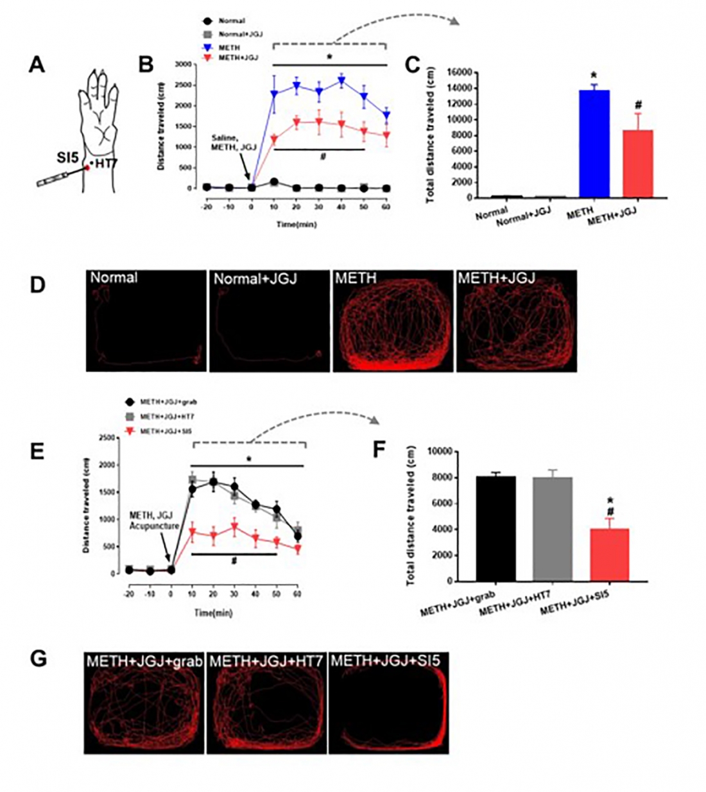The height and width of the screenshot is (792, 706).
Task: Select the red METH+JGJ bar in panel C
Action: (x=638, y=164)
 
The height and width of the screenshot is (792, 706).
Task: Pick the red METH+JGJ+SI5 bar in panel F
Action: (x=610, y=555)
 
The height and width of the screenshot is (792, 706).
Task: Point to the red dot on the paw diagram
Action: (x=87, y=168)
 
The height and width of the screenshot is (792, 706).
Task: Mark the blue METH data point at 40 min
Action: (x=341, y=81)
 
